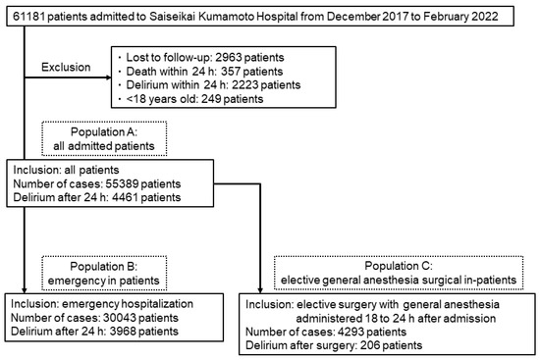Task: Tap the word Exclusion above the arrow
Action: [67, 68]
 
